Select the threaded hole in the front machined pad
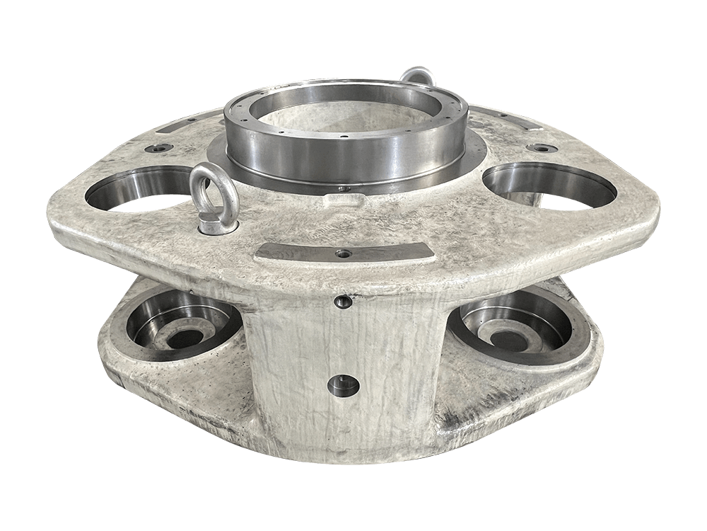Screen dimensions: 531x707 point(344,252)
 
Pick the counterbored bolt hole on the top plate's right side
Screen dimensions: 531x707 point(542,148)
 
